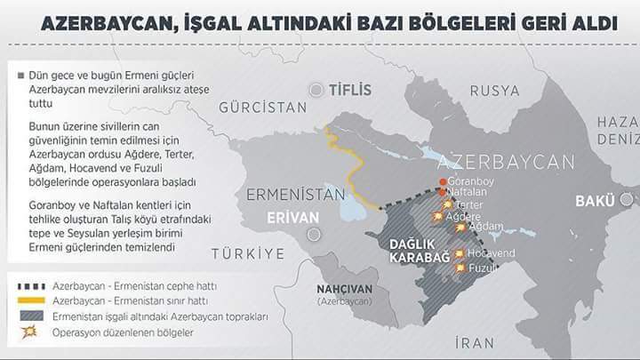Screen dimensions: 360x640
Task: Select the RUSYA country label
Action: pyautogui.click(x=494, y=90)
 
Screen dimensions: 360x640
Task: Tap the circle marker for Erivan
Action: pyautogui.click(x=312, y=235)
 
